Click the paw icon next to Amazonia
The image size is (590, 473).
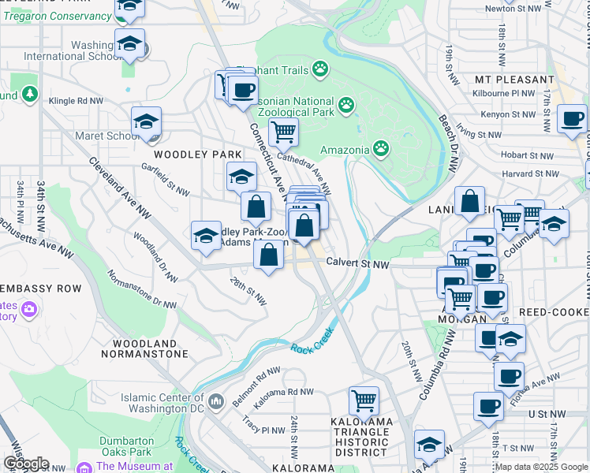pyautogui.click(x=381, y=148)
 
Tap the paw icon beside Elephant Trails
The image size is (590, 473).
pyautogui.click(x=319, y=70)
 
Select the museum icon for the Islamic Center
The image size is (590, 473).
pyautogui.click(x=218, y=404)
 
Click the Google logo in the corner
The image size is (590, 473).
pyautogui.click(x=26, y=464)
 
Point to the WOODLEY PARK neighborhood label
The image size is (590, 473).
pyautogui.click(x=192, y=154)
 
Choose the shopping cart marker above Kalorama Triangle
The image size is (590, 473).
pyautogui.click(x=364, y=400)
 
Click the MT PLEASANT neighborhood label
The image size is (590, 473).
pyautogui.click(x=514, y=80)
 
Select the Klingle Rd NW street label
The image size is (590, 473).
pyautogui.click(x=76, y=101)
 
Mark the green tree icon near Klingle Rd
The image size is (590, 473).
pyautogui.click(x=30, y=95)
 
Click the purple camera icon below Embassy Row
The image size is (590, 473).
pyautogui.click(x=30, y=309)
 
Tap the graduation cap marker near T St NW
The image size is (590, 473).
pyautogui.click(x=429, y=445)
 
